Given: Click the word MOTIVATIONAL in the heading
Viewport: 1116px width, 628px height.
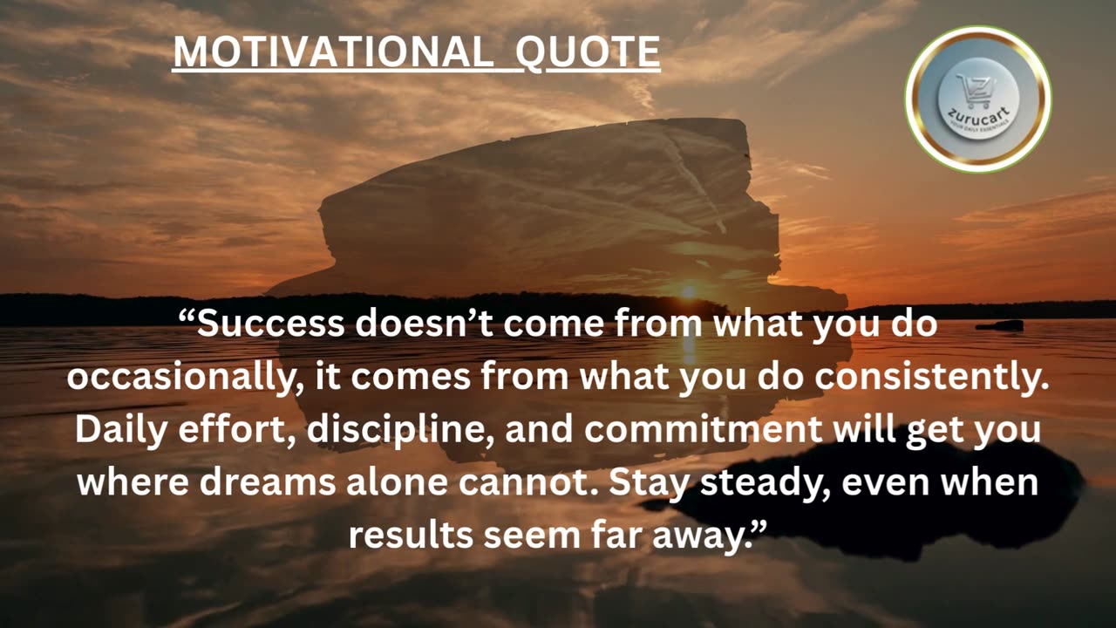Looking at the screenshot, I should (331, 52).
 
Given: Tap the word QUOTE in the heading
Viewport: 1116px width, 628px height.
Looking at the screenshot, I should (588, 52).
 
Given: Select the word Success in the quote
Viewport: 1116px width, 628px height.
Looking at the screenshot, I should (270, 324).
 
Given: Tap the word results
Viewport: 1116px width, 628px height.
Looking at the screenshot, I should (411, 534).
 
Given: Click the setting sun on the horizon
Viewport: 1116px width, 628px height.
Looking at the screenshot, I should (689, 291).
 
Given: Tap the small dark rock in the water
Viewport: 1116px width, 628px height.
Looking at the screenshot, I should (1000, 326).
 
